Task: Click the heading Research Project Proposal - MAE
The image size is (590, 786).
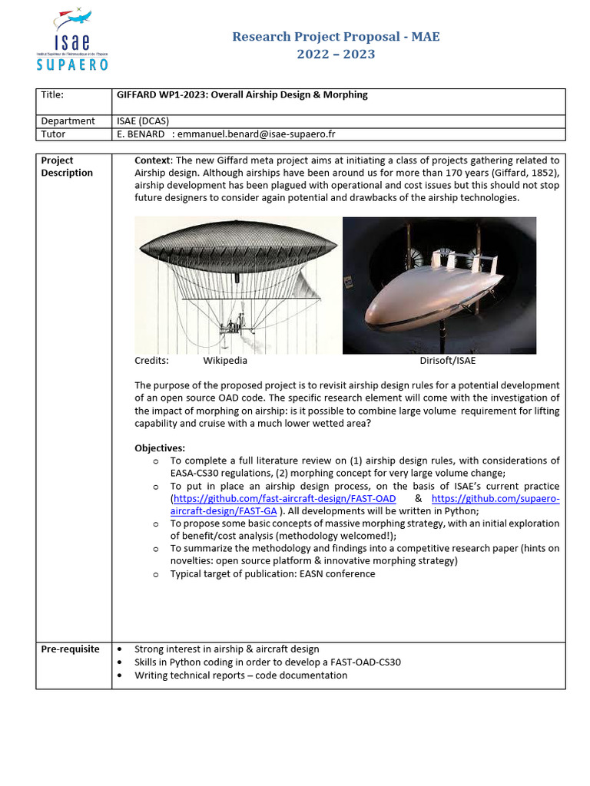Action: coord(336,36)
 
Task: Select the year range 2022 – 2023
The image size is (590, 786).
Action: coord(336,54)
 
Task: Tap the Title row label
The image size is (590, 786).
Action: coord(52,95)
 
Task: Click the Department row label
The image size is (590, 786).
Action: coord(68,121)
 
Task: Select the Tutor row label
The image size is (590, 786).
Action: coord(53,134)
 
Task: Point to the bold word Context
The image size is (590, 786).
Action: coord(153,160)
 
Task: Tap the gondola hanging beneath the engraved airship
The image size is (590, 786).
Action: coord(228,329)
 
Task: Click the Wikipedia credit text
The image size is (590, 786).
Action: coord(225,360)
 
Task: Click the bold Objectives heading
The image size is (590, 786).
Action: coord(160,448)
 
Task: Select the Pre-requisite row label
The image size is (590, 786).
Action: coord(70,649)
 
